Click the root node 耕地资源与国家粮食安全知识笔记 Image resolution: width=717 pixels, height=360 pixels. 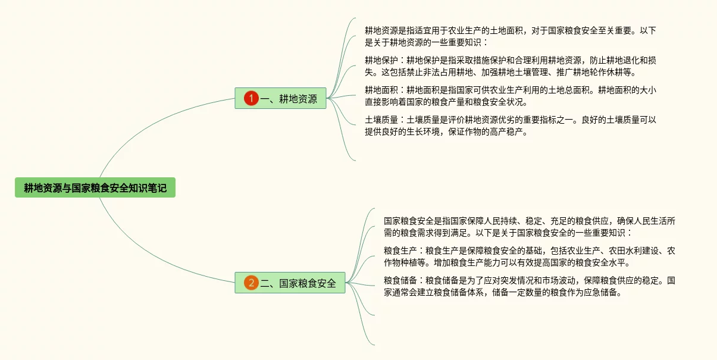click(x=95, y=188)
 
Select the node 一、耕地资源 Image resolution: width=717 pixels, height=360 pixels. click(x=288, y=99)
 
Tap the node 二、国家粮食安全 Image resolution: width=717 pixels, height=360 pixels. click(x=298, y=283)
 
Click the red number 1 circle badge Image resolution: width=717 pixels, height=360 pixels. click(x=251, y=99)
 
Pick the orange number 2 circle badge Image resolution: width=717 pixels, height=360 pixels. click(x=251, y=283)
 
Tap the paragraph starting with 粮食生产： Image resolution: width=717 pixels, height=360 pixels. click(x=530, y=256)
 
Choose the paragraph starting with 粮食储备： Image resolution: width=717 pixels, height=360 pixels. click(x=530, y=286)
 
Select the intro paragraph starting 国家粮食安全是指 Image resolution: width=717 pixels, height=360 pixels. click(x=530, y=227)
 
